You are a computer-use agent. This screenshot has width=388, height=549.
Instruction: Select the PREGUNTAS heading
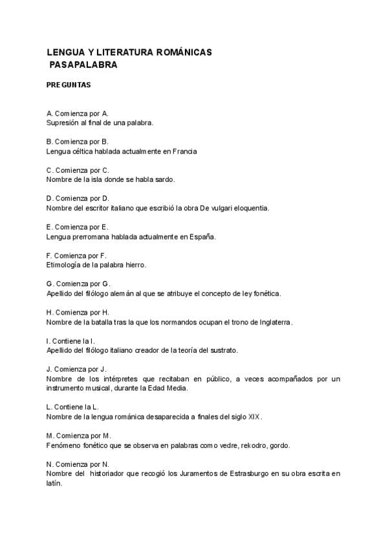(x=69, y=85)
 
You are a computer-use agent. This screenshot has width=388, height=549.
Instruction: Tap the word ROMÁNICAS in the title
(x=184, y=51)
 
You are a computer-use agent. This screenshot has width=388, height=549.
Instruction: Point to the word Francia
(x=184, y=151)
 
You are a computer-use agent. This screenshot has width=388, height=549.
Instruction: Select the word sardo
(x=164, y=179)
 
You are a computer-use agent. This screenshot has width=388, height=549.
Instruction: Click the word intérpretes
(x=124, y=379)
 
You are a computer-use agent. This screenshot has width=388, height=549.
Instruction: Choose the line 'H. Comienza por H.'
(x=78, y=313)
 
